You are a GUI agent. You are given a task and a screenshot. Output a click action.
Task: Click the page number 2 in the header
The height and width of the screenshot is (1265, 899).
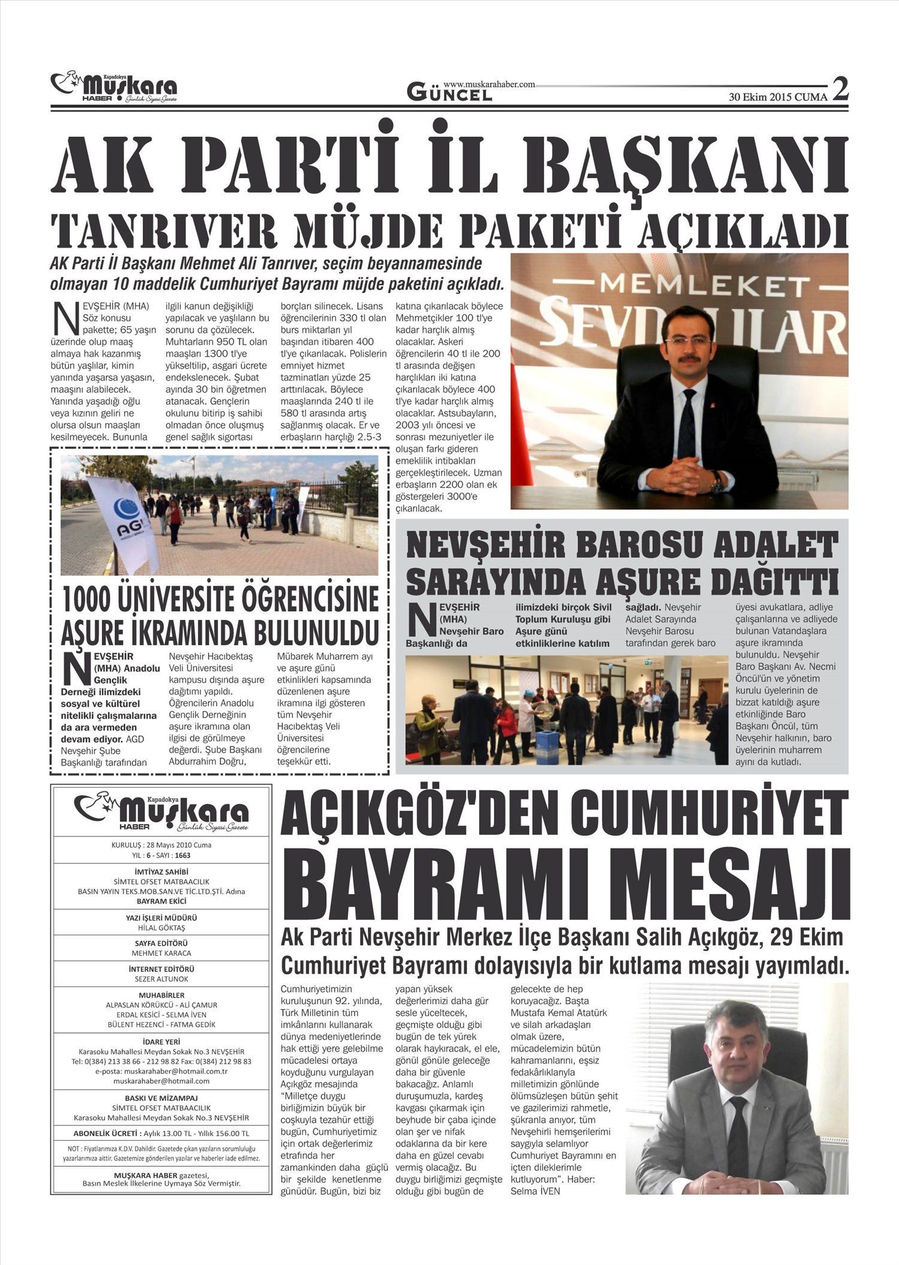point(840,90)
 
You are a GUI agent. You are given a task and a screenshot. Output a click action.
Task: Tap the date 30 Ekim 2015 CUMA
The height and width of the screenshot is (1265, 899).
point(778,97)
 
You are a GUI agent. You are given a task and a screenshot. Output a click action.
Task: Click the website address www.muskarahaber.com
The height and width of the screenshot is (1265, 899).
point(489,85)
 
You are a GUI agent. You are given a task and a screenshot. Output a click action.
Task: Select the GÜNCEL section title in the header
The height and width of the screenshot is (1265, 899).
point(450,93)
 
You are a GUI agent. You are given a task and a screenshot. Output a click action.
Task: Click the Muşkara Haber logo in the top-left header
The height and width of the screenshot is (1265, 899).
point(114,88)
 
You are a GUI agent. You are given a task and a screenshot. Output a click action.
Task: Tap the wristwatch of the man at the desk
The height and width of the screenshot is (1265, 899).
point(717,481)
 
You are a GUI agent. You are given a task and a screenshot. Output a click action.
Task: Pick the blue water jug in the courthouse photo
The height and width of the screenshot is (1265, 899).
point(547,746)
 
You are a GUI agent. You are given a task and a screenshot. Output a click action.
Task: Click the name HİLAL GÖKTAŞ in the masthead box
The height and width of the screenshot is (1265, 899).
point(161,927)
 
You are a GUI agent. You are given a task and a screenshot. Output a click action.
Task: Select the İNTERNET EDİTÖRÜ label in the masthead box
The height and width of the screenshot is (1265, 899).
point(161,969)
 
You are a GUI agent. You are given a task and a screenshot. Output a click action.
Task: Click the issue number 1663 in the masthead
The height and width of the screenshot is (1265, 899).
point(183,855)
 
